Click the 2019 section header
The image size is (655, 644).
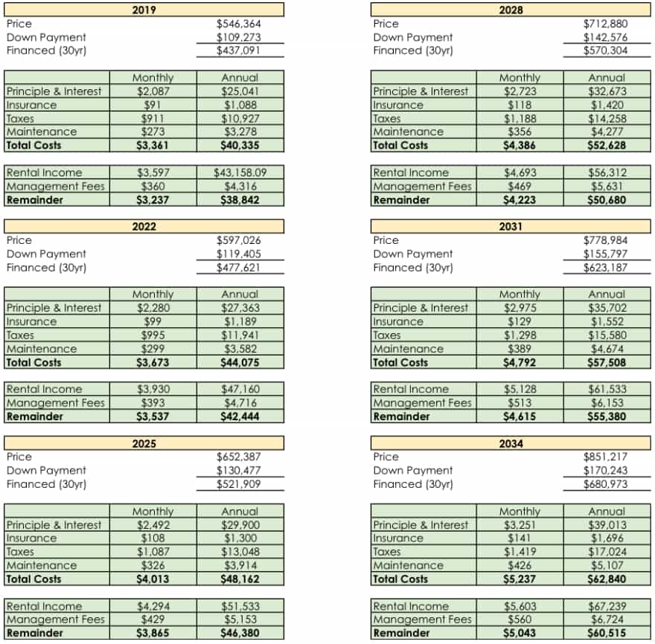coord(144,10)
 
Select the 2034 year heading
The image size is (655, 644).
coord(511,443)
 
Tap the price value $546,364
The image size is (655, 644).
coord(238,24)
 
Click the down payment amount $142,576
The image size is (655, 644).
coord(605,37)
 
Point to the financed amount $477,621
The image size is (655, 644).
coord(238,268)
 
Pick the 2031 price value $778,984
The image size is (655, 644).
coord(605,240)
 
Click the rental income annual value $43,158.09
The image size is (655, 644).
coord(240,173)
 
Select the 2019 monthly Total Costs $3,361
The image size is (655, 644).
coord(153,145)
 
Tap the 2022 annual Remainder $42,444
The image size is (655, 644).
coord(240,416)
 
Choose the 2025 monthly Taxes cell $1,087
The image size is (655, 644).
coord(153,552)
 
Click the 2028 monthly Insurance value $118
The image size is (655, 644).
coord(520,105)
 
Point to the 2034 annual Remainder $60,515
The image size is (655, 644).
coord(607,633)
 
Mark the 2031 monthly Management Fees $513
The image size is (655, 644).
coord(520,403)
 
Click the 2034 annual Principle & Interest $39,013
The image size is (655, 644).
coord(607,524)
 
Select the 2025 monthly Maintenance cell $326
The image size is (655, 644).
coord(153,565)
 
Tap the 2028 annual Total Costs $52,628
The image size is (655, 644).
coord(607,145)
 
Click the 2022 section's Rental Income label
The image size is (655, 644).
coord(44,389)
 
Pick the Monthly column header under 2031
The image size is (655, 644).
coord(520,294)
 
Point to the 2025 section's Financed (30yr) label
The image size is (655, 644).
coord(46,484)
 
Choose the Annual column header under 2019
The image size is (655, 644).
coord(240,77)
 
